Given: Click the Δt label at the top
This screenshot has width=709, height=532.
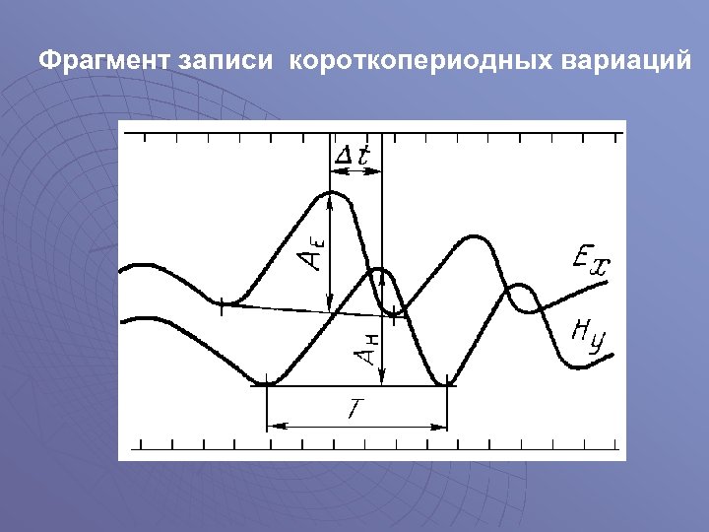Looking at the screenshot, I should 353,155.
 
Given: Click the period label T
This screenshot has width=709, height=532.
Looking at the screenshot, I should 357,408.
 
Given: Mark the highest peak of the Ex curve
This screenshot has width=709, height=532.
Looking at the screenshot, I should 331,194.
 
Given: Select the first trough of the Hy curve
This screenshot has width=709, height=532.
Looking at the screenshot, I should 267,382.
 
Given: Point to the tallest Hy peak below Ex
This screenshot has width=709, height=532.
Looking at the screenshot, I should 475,237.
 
